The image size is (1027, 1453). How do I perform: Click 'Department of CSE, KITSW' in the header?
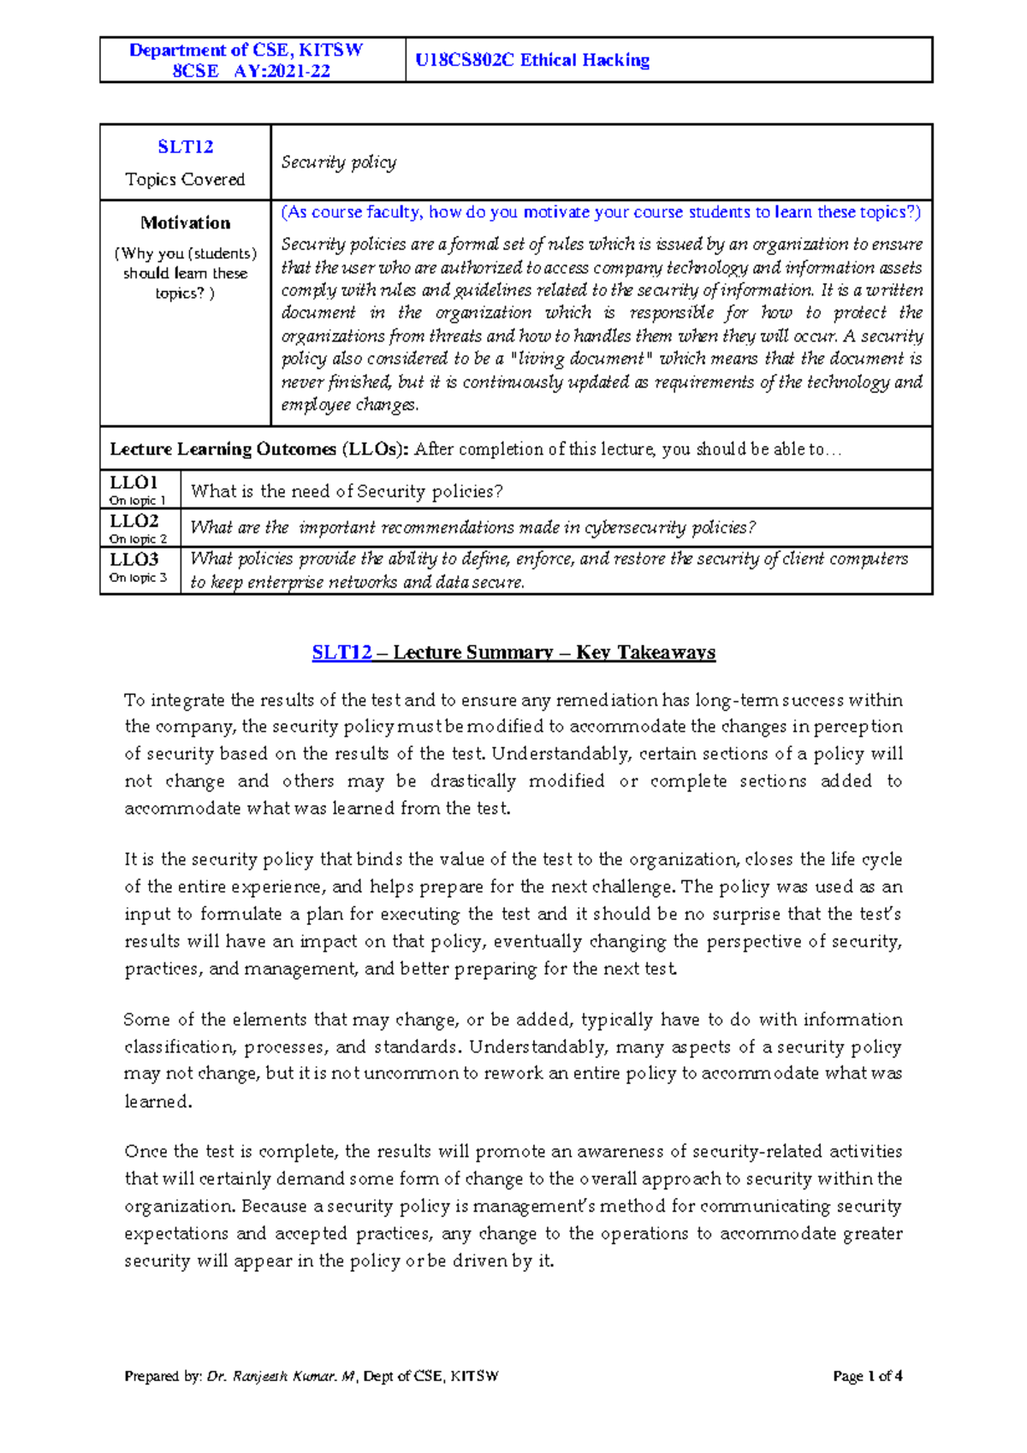[x=246, y=50]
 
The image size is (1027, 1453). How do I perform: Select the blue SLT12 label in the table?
[x=185, y=147]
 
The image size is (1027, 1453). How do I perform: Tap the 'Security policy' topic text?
[x=339, y=163]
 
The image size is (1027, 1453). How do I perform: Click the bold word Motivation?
[x=185, y=223]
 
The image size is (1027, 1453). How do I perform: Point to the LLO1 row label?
[x=134, y=483]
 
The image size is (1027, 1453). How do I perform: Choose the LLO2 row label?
[x=134, y=521]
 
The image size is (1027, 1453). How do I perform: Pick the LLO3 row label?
[x=134, y=560]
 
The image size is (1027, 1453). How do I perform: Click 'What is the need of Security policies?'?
[x=347, y=491]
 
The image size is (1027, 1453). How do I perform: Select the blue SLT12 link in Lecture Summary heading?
[x=341, y=653]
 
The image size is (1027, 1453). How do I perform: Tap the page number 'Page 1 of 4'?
[x=868, y=1376]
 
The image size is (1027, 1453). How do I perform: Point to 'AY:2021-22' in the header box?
[x=282, y=71]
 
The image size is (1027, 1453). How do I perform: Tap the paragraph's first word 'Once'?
[x=145, y=1152]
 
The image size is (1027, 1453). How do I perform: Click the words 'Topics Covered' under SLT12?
[x=185, y=180]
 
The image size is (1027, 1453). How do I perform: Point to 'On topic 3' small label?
[x=138, y=578]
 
